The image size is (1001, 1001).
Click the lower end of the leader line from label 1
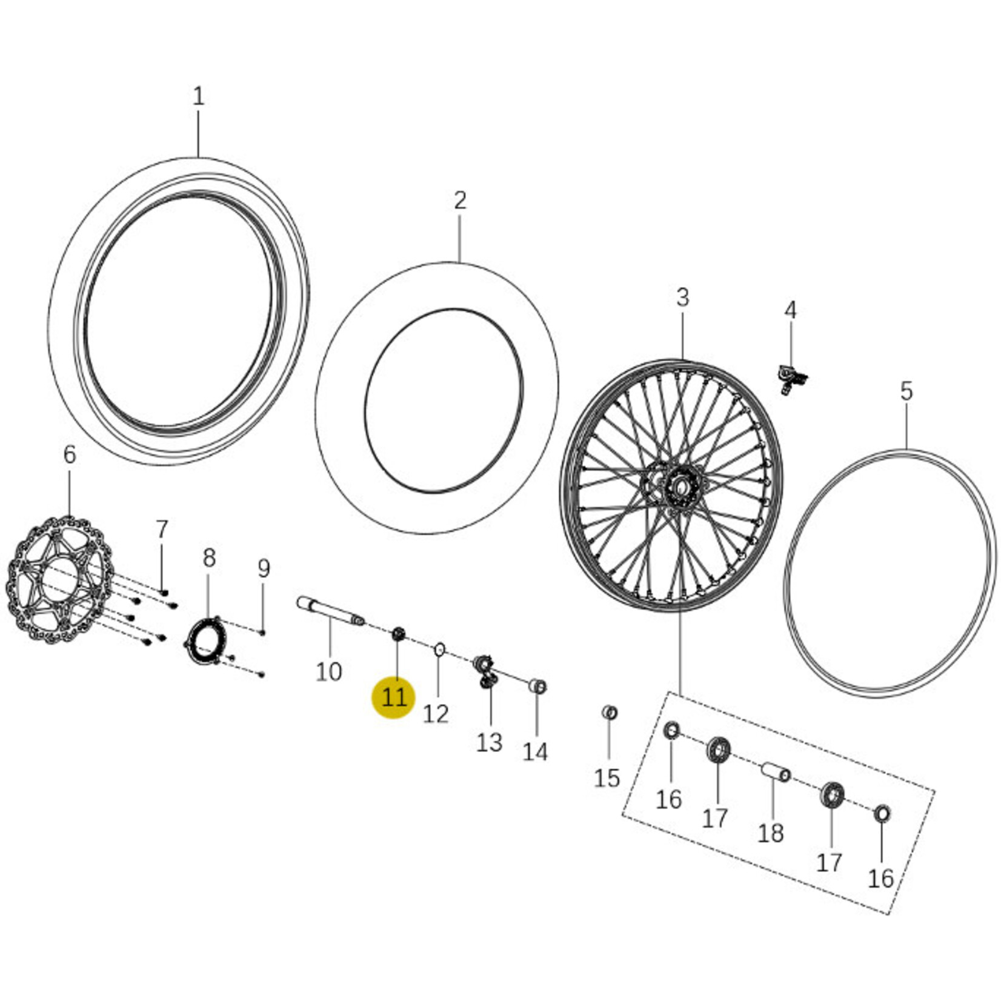click(198, 159)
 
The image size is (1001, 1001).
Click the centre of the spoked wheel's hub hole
click(680, 485)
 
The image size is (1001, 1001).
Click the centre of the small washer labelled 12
click(439, 650)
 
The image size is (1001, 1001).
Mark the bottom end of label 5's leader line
click(906, 450)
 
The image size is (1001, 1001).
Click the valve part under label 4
click(791, 379)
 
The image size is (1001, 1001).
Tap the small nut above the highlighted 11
click(397, 634)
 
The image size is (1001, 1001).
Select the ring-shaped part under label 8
click(204, 640)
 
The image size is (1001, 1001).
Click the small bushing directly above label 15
click(610, 712)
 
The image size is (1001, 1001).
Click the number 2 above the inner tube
click(461, 200)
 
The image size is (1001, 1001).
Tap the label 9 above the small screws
click(264, 568)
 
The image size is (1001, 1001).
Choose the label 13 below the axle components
click(489, 742)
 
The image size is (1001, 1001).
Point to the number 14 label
click(535, 751)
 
